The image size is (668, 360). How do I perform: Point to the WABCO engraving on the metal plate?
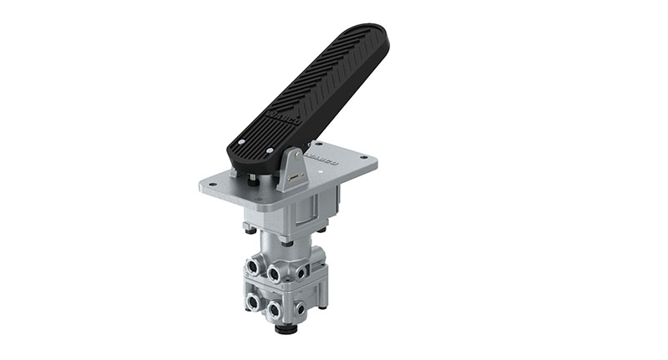point(322,155)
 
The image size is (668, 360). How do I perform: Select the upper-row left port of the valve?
point(251,267)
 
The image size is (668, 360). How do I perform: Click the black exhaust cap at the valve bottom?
point(286,330)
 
